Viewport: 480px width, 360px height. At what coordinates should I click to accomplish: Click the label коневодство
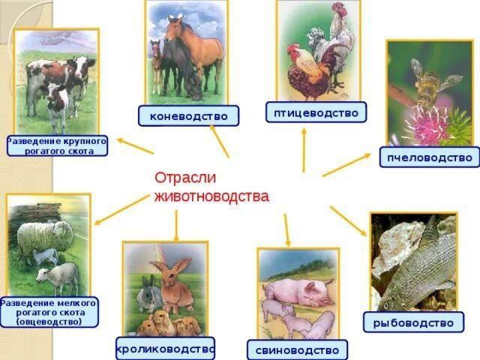tap(188, 116)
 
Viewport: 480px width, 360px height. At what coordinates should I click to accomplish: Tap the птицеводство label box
tap(316, 112)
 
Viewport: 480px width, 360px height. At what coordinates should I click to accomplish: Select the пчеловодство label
tap(430, 157)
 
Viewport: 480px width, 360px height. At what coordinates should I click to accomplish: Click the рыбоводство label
tap(413, 322)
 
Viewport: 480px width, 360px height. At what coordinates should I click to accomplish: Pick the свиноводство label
tap(297, 350)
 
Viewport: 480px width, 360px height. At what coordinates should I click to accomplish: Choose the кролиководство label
tap(165, 348)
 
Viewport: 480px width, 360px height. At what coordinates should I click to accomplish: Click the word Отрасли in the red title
tap(185, 178)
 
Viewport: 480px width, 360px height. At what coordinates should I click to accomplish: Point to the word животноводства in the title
tap(211, 196)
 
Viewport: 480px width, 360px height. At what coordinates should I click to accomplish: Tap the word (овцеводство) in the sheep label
tap(49, 322)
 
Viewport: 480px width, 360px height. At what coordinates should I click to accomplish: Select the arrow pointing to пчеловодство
tap(346, 165)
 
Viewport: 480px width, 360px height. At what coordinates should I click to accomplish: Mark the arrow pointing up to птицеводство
tap(304, 150)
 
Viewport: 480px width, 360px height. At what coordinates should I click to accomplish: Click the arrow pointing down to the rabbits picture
tap(176, 226)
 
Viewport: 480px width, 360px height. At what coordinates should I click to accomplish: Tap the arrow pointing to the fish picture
tap(348, 221)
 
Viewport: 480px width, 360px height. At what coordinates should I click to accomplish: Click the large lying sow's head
tap(318, 291)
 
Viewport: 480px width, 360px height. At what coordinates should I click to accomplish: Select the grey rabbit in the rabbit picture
tap(149, 295)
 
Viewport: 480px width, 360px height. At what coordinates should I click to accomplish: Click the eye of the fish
tap(386, 305)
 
